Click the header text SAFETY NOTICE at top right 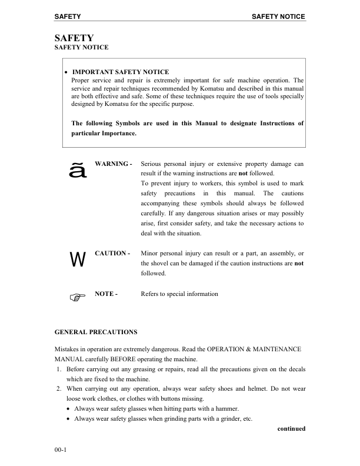278,16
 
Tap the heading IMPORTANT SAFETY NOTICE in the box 120,72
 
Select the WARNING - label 113,162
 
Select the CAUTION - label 112,254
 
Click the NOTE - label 106,294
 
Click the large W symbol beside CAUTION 77,260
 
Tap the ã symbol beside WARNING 78,171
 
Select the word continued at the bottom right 291,428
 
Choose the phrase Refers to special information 180,294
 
